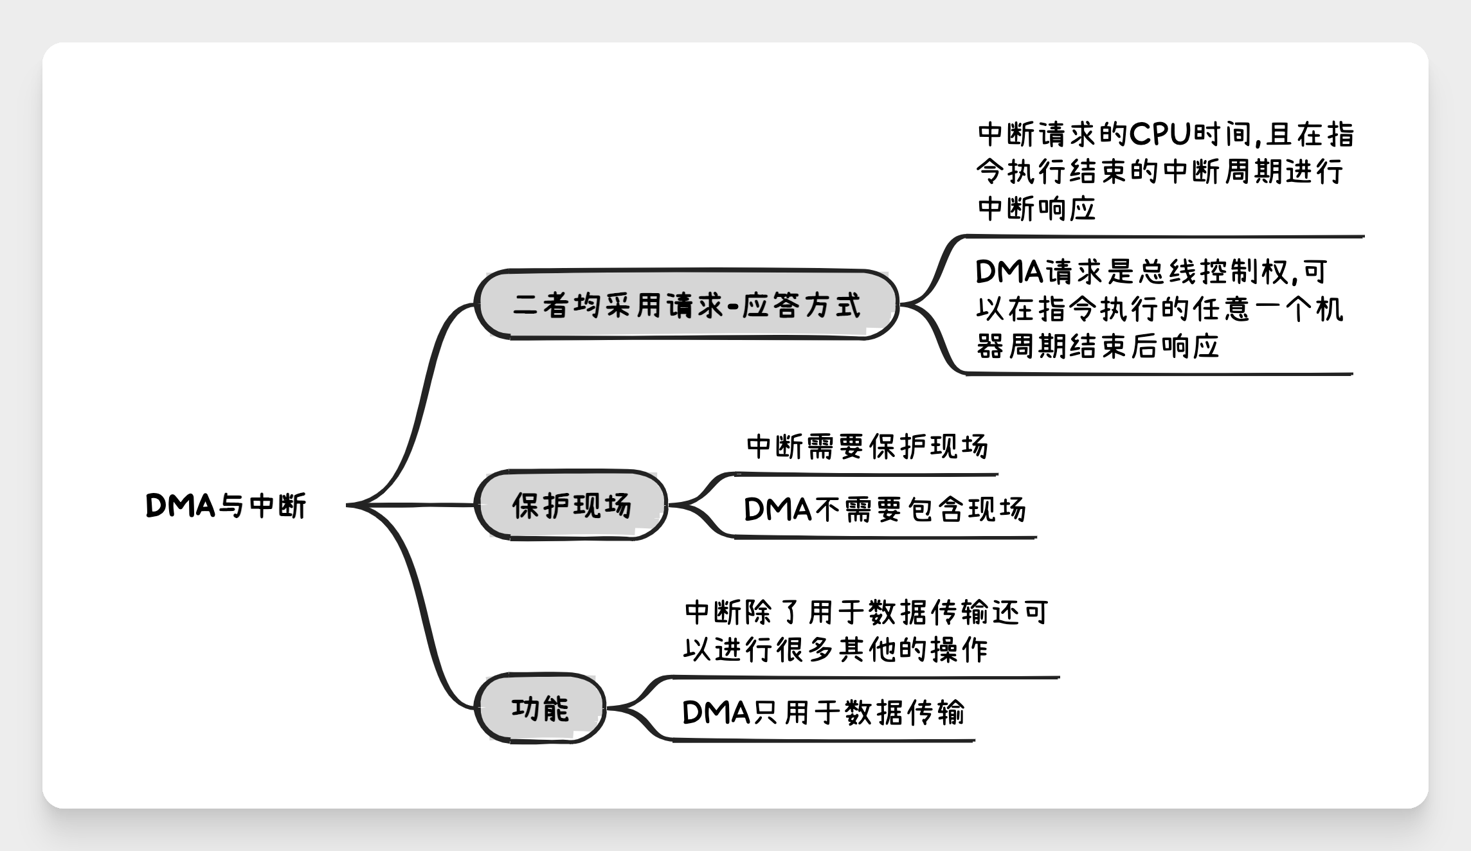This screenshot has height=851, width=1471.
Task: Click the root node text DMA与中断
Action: (x=226, y=506)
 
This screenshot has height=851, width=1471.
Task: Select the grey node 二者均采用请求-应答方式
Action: (x=687, y=304)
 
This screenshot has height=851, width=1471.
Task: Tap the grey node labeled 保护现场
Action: (x=572, y=505)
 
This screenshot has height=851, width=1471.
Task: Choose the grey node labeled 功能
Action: (x=541, y=708)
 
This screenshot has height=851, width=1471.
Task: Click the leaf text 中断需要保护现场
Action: (x=867, y=447)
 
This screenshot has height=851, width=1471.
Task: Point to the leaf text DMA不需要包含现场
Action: (x=885, y=510)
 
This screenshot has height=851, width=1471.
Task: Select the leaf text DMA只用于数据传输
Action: (x=824, y=712)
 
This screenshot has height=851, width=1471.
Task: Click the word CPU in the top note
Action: (x=1160, y=134)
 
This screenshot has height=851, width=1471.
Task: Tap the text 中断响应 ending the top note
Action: (x=1036, y=208)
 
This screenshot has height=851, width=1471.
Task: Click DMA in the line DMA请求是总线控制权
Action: (x=1009, y=272)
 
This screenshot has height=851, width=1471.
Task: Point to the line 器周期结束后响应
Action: (x=1097, y=346)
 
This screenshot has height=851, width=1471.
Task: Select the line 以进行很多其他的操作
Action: (x=835, y=650)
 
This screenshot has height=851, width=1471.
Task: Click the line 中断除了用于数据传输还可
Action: (x=866, y=613)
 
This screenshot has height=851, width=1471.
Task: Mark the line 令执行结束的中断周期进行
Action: (x=1160, y=171)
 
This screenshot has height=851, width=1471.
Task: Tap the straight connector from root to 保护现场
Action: (x=411, y=505)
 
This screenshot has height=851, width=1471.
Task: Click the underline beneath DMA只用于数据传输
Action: (x=824, y=741)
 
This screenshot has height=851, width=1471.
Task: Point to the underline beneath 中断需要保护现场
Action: (x=866, y=475)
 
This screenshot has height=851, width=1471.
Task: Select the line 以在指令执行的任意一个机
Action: (x=1160, y=309)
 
